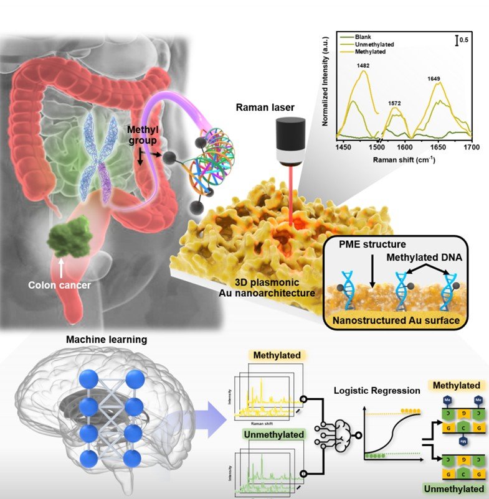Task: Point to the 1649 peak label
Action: [x=436, y=78]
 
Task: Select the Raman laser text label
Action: [x=265, y=107]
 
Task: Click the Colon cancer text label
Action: [x=60, y=286]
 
